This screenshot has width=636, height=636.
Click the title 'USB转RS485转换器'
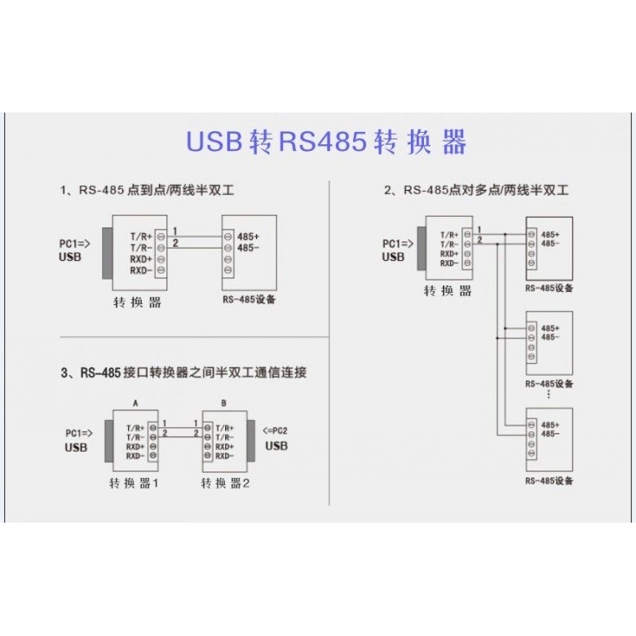326,143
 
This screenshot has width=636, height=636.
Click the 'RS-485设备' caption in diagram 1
249,299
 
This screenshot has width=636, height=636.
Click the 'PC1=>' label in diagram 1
74,243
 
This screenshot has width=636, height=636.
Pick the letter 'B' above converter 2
223,404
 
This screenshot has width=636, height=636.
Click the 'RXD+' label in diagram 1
141,258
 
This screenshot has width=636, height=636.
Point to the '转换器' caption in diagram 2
448,290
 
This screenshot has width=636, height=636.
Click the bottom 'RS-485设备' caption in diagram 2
550,481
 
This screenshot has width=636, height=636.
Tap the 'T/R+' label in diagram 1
141,236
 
